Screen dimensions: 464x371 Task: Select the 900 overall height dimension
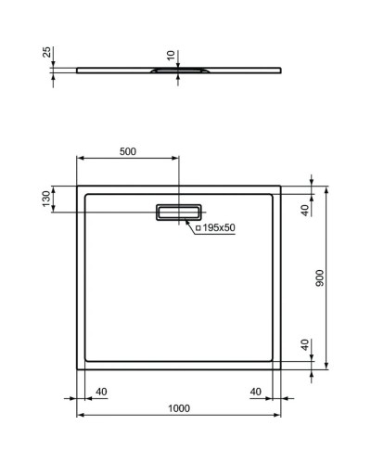pyautogui.click(x=319, y=279)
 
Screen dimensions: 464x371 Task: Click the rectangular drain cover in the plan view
pyautogui.click(x=178, y=212)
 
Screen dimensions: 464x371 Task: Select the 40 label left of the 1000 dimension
pyautogui.click(x=102, y=391)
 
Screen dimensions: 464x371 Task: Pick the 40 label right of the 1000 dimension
pyautogui.click(x=256, y=391)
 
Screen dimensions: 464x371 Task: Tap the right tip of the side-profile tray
pyautogui.click(x=282, y=67)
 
